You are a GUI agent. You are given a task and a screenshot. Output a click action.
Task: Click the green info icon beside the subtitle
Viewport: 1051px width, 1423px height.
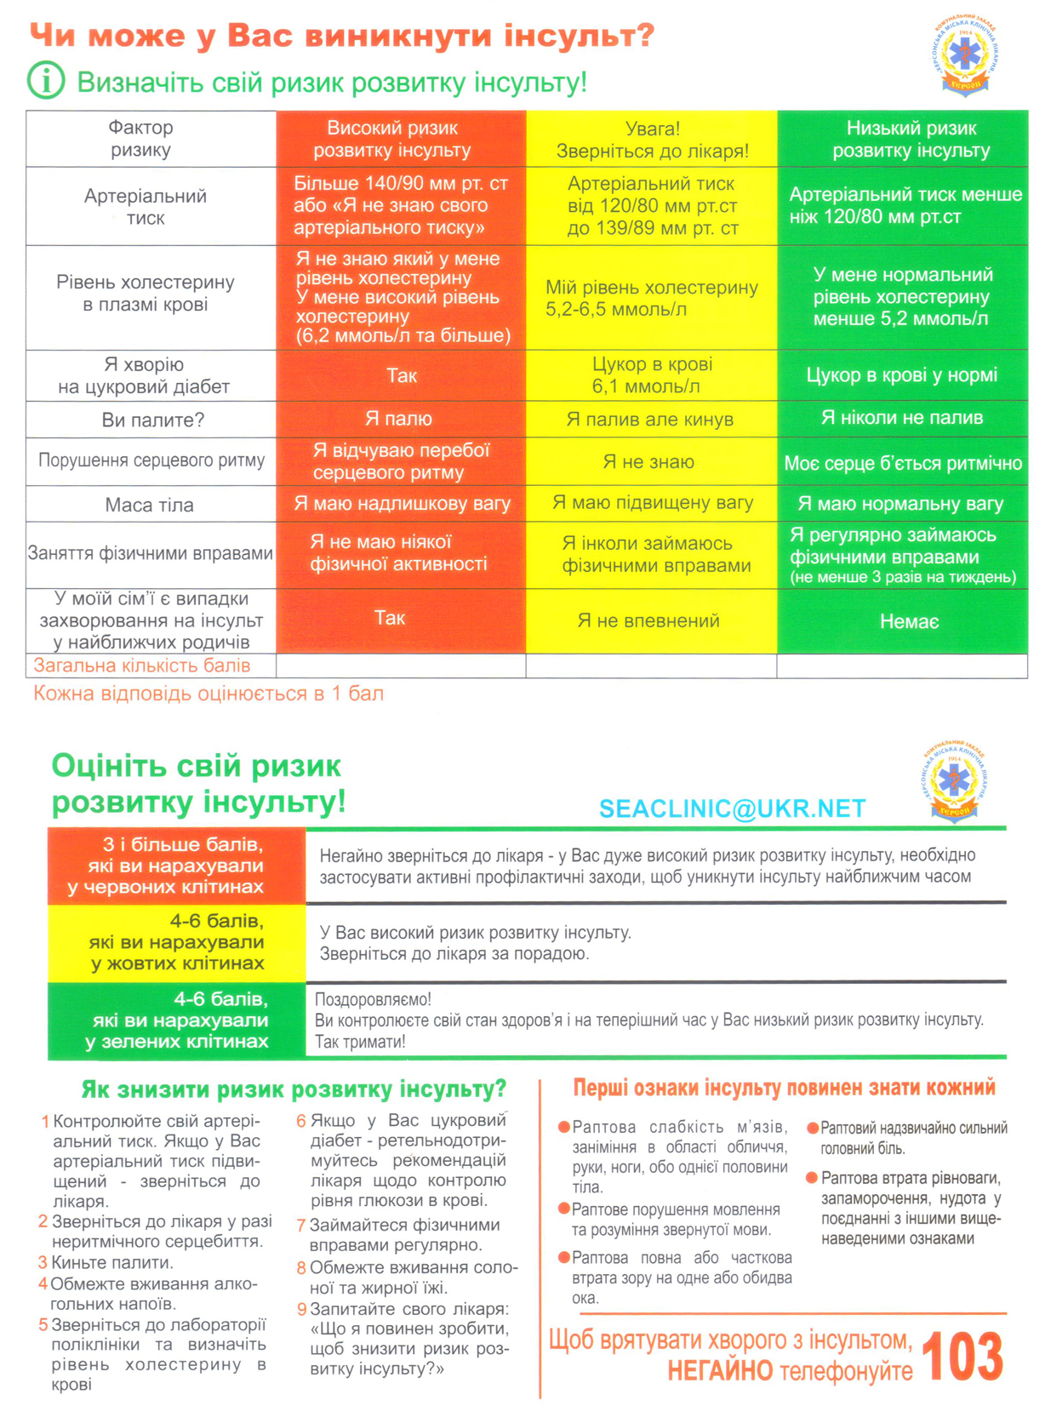tap(46, 81)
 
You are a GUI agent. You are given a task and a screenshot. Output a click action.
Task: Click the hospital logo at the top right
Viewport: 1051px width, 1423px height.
tap(965, 55)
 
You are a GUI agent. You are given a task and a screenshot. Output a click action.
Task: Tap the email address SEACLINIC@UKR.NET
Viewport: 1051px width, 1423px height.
tap(732, 809)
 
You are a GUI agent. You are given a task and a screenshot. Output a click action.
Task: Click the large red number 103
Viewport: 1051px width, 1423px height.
tap(962, 1357)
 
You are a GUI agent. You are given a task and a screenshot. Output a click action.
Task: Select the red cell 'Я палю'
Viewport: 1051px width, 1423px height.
tap(399, 419)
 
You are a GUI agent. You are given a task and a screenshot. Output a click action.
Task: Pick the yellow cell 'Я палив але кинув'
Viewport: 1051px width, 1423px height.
tap(650, 419)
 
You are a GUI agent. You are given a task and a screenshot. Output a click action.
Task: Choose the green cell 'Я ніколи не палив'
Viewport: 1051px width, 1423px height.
tap(902, 418)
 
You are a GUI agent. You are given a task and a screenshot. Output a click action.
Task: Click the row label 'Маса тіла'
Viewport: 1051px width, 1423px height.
tap(150, 505)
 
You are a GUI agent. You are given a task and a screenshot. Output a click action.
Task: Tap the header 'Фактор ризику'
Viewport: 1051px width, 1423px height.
tap(141, 139)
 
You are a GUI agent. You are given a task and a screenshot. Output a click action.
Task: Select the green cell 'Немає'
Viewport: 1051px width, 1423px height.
tap(909, 622)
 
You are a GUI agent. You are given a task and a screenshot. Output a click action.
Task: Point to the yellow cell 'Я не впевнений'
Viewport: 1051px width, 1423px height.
tap(648, 620)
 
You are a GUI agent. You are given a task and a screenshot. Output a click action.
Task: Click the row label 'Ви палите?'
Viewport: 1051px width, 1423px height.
tap(153, 420)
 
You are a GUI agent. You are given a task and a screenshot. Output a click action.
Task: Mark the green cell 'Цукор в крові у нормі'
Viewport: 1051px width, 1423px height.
tap(902, 375)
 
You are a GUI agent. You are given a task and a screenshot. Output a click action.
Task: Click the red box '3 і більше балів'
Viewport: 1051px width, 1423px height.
tap(176, 866)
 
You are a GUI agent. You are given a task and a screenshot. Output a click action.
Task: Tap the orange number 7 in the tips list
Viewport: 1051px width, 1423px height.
tap(301, 1226)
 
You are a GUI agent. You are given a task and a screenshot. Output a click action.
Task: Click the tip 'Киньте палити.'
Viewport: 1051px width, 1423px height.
tap(112, 1262)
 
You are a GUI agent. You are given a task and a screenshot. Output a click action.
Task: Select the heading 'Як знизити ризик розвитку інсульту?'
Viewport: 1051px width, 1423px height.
tap(294, 1089)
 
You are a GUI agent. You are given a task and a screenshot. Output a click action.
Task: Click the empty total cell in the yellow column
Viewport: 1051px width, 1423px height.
tap(651, 666)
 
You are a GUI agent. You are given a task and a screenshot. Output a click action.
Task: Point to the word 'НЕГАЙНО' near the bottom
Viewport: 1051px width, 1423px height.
tap(720, 1371)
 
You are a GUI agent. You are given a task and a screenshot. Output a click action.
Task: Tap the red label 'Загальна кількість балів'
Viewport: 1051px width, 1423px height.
tap(142, 666)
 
